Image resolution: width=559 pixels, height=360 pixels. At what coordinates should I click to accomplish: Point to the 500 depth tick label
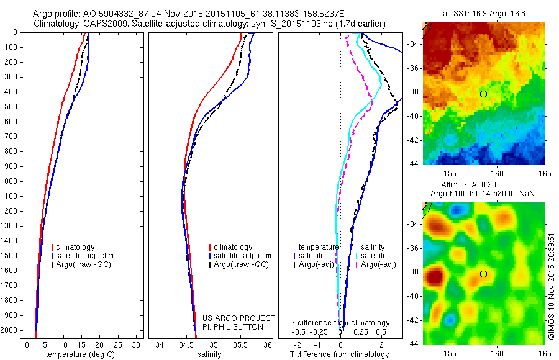[11, 107]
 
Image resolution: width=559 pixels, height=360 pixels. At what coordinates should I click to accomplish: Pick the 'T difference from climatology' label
[339, 354]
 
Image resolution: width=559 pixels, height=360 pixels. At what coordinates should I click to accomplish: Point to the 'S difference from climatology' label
[340, 323]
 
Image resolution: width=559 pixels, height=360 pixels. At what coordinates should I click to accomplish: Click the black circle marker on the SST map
[483, 94]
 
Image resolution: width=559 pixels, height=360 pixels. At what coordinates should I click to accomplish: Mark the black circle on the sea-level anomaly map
[483, 274]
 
